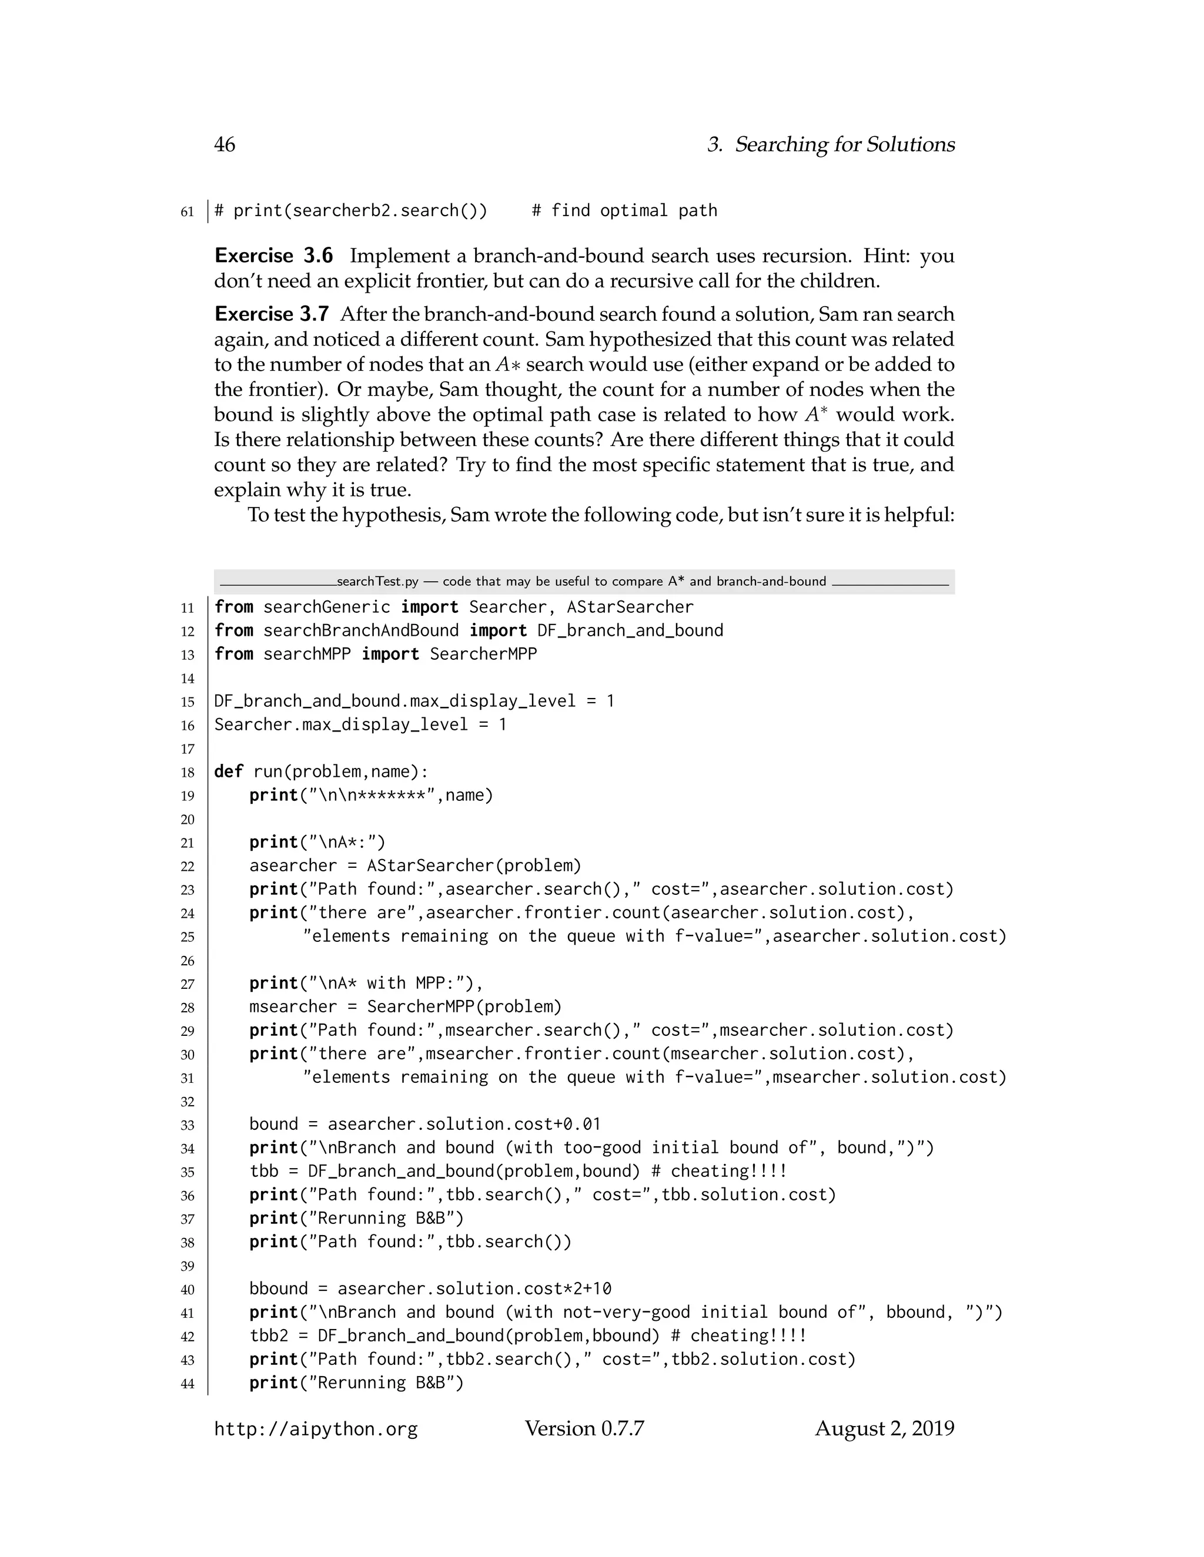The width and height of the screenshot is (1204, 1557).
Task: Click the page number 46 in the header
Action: pyautogui.click(x=225, y=145)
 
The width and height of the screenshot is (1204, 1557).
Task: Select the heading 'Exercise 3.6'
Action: pyautogui.click(x=274, y=256)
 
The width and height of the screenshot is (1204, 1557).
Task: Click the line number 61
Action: pyautogui.click(x=187, y=212)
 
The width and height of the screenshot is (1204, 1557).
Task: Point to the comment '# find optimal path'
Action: pyautogui.click(x=624, y=211)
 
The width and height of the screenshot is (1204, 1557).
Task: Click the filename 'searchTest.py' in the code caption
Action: pyautogui.click(x=377, y=582)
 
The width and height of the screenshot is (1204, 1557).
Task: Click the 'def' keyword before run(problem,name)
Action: pyautogui.click(x=228, y=772)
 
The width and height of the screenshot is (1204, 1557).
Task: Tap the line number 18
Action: pyautogui.click(x=187, y=773)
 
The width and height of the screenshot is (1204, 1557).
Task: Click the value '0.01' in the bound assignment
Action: pyautogui.click(x=582, y=1124)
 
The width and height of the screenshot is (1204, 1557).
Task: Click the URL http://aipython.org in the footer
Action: pyautogui.click(x=316, y=1430)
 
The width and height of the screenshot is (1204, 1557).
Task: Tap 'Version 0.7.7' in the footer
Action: pyautogui.click(x=584, y=1429)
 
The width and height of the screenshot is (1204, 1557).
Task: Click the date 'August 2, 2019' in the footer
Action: pyautogui.click(x=884, y=1429)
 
